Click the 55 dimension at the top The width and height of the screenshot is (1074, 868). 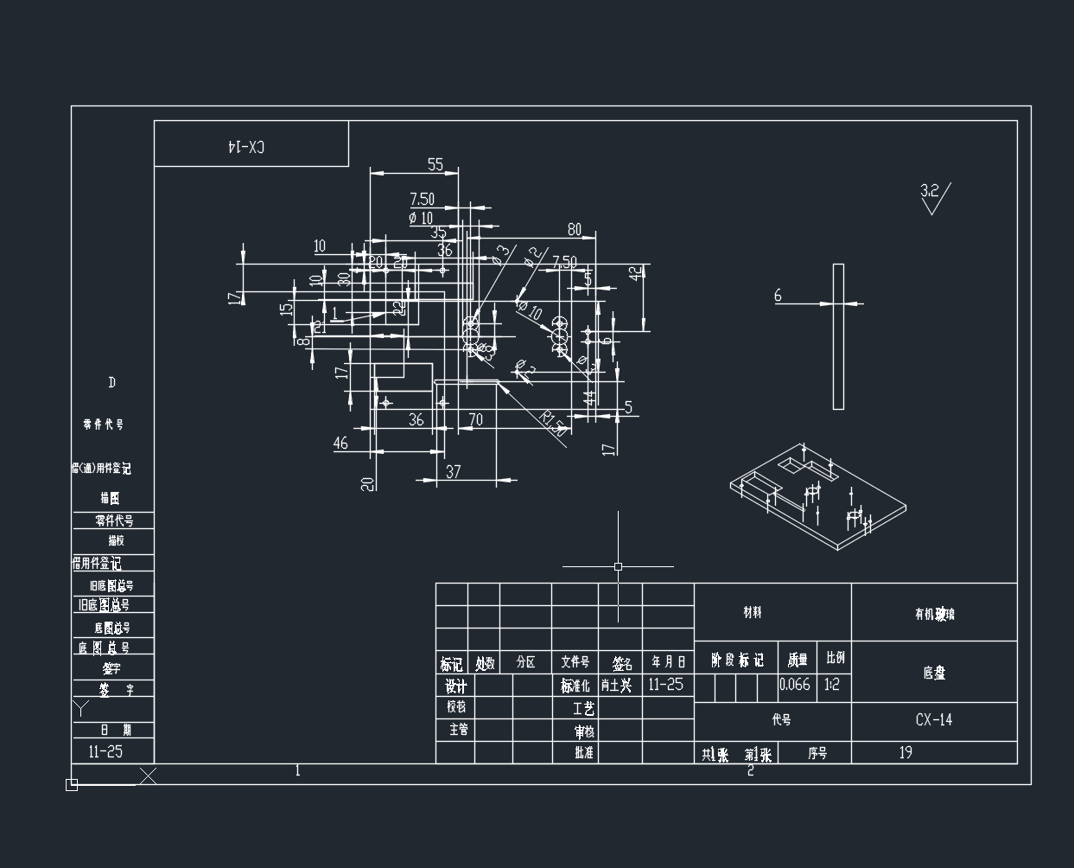pos(435,164)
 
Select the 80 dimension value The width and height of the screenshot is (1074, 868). pos(574,229)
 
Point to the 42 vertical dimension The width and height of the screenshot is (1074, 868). pos(636,273)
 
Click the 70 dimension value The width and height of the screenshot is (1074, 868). pos(475,420)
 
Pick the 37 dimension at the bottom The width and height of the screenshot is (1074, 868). pos(453,472)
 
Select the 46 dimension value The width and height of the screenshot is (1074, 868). pos(340,444)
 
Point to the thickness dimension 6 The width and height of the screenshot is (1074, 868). pos(778,296)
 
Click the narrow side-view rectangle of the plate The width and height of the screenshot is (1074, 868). pos(838,336)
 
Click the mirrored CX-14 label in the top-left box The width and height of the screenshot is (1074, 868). pos(246,146)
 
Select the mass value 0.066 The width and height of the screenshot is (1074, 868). pos(795,685)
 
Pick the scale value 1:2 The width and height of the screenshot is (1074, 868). pos(832,685)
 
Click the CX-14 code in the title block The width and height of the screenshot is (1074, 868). pos(934,720)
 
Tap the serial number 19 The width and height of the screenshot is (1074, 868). pos(906,752)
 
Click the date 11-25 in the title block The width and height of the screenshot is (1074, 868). pos(665,685)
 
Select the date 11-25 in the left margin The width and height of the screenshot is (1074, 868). pos(105,751)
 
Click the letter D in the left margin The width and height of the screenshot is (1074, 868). pos(111,383)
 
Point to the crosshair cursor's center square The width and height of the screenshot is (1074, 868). pos(618,567)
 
